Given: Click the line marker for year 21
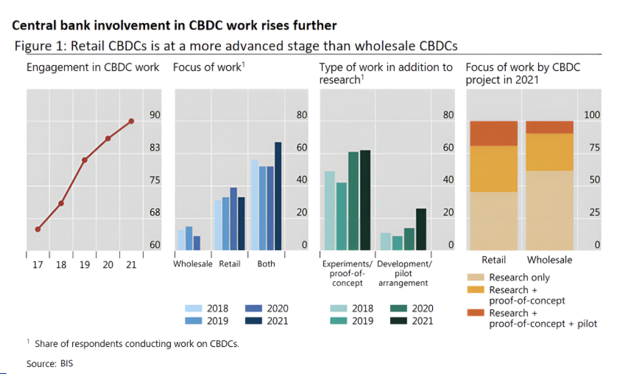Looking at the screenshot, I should [131, 121].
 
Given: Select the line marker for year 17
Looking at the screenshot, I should [38, 229].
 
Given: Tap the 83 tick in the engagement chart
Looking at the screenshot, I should [155, 148].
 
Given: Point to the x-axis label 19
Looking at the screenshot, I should [84, 265].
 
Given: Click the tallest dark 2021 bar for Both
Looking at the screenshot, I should [278, 196].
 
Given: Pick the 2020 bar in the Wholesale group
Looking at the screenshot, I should [197, 243].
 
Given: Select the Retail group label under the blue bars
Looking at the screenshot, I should [229, 264].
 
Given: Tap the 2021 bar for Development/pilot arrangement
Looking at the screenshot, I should [421, 229].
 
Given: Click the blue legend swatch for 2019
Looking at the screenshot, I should [194, 321].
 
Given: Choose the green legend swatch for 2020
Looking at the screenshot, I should [398, 308].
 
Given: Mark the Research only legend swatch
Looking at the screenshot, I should [475, 277].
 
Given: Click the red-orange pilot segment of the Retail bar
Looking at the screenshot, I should [494, 133].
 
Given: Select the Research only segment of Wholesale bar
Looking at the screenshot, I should [550, 210].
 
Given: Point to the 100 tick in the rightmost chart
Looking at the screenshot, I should [592, 115].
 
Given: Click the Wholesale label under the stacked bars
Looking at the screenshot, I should [550, 260].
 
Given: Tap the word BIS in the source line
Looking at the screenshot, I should [67, 364].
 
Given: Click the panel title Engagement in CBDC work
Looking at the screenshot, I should [93, 67].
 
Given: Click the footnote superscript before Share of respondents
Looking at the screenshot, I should [28, 341].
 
